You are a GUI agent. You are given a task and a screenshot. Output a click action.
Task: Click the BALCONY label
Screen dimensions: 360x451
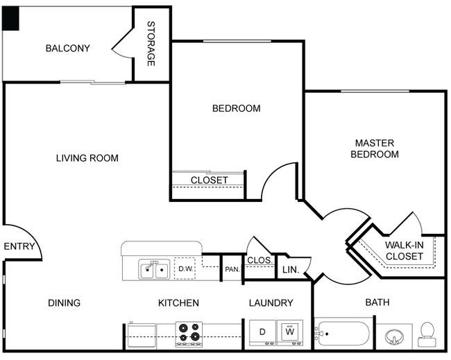67,48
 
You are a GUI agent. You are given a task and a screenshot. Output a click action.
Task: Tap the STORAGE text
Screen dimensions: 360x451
151,44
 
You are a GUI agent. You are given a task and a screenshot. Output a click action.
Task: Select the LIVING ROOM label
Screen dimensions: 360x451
87,158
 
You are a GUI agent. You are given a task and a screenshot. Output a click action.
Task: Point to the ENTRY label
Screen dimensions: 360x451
19,246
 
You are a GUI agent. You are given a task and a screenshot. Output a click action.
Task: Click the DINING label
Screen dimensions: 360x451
64,302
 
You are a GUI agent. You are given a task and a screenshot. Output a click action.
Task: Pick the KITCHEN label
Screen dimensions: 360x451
178,302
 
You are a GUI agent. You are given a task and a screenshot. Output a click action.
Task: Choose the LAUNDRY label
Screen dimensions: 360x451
271,302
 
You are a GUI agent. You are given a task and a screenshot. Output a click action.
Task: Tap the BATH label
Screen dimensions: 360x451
377,302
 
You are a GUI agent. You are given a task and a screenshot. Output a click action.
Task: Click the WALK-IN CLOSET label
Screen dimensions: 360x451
404,250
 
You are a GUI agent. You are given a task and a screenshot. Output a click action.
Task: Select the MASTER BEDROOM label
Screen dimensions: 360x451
374,148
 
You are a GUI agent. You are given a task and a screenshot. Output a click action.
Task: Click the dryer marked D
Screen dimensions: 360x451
261,332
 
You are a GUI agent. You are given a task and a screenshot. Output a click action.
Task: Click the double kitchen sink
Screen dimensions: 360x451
154,269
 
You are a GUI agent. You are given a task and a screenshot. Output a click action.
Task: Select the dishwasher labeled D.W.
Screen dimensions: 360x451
185,269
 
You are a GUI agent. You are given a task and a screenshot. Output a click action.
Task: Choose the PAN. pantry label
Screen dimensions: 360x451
232,269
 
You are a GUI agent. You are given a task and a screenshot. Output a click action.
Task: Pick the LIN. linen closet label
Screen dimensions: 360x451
290,270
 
